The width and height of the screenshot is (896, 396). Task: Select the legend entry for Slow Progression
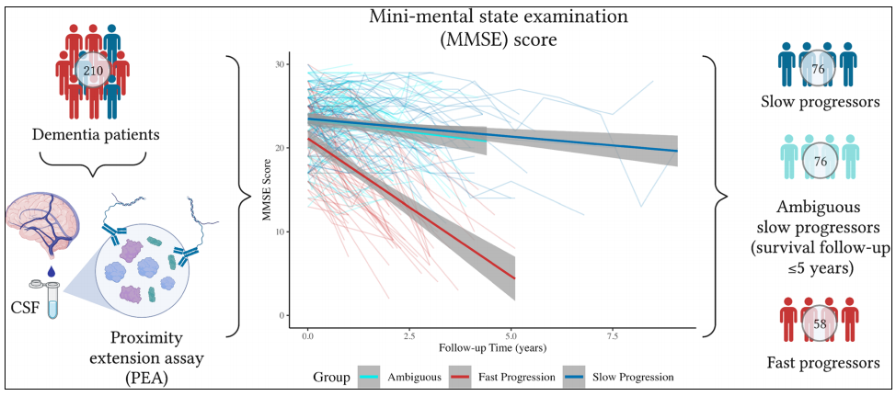point(618,377)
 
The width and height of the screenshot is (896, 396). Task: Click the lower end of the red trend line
point(514,277)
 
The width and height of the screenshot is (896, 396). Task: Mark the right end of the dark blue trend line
point(677,151)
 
